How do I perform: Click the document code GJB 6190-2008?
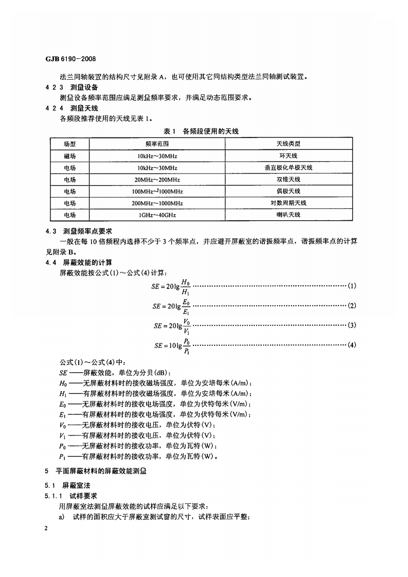71,59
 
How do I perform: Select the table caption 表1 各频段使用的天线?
201,132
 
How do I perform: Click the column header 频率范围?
157,144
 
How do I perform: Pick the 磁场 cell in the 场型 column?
69,155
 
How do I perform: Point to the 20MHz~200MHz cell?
157,179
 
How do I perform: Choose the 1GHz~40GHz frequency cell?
157,215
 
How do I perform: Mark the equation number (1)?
352,286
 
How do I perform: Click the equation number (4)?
352,344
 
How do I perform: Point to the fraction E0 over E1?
186,306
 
